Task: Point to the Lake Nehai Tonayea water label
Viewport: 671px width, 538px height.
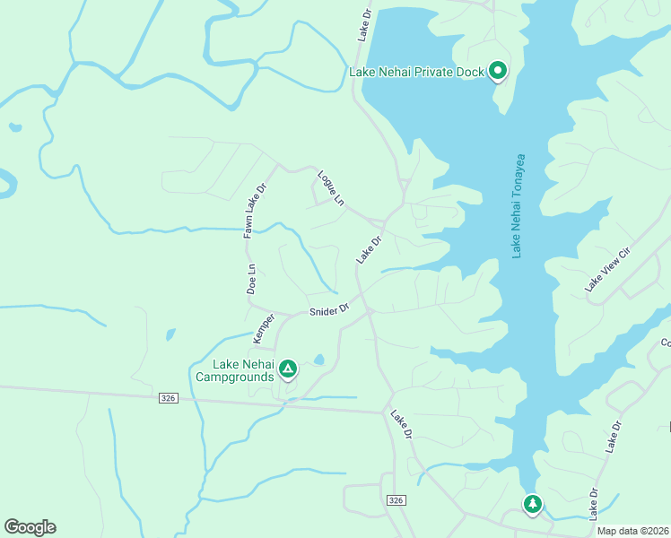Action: (x=518, y=207)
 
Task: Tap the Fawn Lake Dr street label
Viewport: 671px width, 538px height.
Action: (x=255, y=212)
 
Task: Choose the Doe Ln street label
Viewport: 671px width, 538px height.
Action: (x=252, y=279)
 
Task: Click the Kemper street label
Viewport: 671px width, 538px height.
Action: (x=264, y=327)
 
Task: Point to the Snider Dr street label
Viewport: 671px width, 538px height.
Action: (x=328, y=310)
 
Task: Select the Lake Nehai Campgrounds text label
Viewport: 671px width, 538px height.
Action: (x=235, y=370)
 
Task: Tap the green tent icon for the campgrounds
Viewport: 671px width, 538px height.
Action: (x=288, y=368)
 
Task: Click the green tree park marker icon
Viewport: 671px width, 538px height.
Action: (x=533, y=505)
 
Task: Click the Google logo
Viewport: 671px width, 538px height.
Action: (x=30, y=527)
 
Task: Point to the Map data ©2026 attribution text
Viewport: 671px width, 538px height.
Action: (x=633, y=531)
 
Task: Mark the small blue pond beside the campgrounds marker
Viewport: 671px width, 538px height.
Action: (x=318, y=361)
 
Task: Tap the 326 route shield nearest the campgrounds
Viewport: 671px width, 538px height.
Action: (x=168, y=397)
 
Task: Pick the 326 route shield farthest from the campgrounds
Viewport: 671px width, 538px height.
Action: (x=396, y=499)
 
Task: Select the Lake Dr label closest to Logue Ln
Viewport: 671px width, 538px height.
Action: (x=369, y=249)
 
